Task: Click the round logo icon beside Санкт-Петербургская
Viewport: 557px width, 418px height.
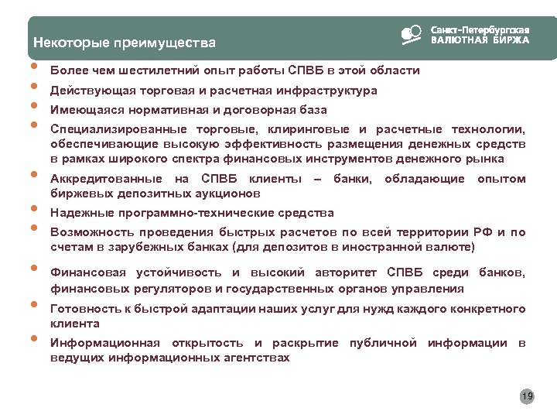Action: (411, 34)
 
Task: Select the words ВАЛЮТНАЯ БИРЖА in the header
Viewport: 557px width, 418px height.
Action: (480, 39)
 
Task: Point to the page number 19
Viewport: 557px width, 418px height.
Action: (528, 397)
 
